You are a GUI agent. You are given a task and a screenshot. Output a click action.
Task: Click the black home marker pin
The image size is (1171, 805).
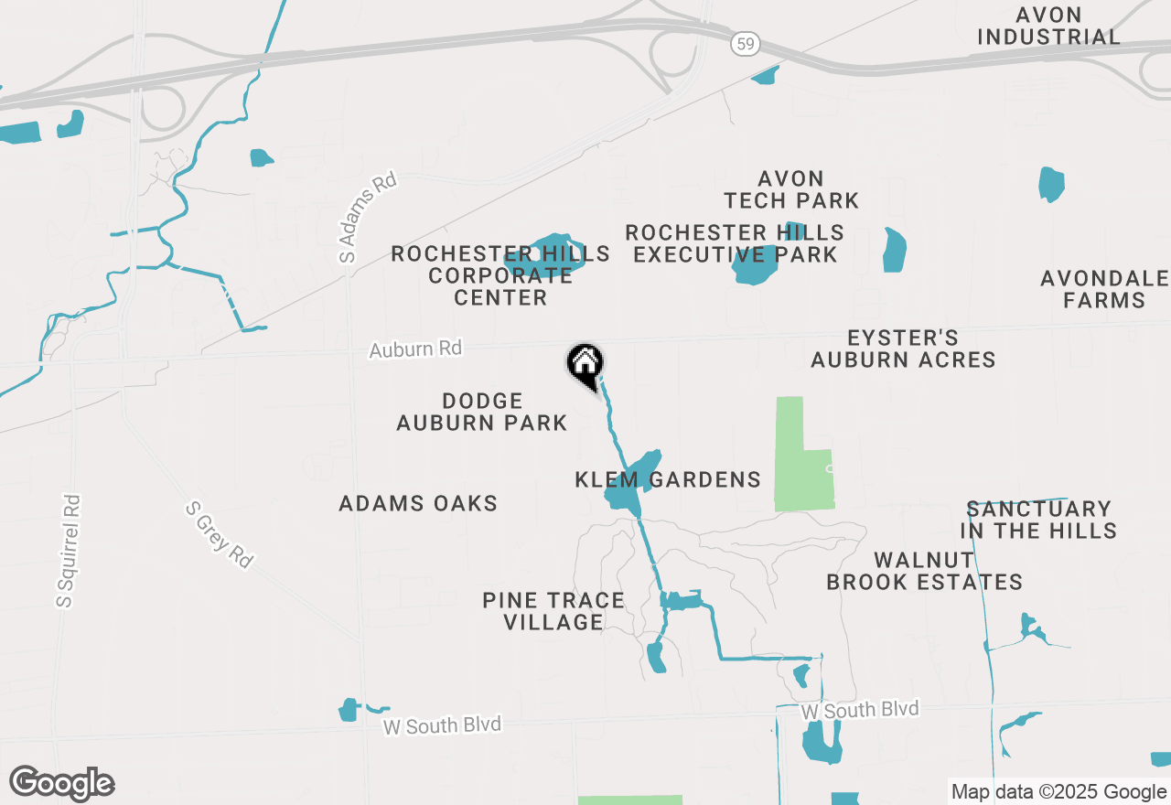point(585,365)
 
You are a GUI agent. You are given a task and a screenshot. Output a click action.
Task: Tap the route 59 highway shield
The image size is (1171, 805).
point(743,42)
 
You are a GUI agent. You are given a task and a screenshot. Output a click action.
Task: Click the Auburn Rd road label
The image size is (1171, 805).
point(415,349)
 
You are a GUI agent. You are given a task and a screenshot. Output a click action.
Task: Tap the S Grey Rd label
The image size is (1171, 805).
point(219,534)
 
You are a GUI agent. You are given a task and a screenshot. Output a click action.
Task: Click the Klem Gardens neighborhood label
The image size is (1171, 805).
point(668,479)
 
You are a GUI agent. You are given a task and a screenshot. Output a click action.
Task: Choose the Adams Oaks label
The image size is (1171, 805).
point(418,503)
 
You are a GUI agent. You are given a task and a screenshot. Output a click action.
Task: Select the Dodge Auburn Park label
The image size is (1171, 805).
point(482,412)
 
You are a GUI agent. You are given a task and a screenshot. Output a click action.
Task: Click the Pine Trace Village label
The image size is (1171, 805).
point(553,611)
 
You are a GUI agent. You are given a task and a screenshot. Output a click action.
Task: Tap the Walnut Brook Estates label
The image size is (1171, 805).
point(924,571)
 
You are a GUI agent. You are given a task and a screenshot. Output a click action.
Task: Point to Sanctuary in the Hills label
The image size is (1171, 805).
point(1038,520)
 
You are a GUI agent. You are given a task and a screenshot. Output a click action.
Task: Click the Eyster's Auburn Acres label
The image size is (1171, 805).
point(903,349)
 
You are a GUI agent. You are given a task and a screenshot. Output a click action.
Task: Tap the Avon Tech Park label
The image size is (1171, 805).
point(791,189)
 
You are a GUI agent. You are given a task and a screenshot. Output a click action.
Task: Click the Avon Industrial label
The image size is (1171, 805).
point(1048,26)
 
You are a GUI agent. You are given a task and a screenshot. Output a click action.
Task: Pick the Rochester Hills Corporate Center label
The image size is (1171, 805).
point(500,275)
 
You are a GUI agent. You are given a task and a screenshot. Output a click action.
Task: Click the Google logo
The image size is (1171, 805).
point(61,783)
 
